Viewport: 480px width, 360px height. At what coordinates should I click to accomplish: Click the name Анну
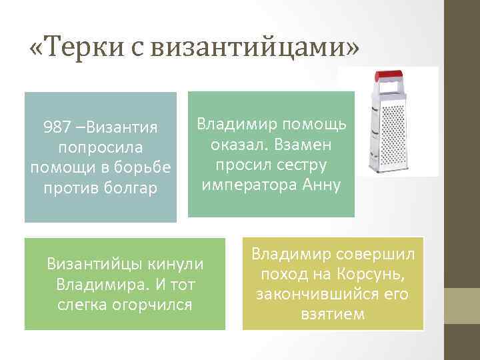coord(322,185)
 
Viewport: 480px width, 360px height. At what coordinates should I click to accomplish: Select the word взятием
coord(333,314)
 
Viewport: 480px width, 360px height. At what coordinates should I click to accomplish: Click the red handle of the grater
coord(391,74)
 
